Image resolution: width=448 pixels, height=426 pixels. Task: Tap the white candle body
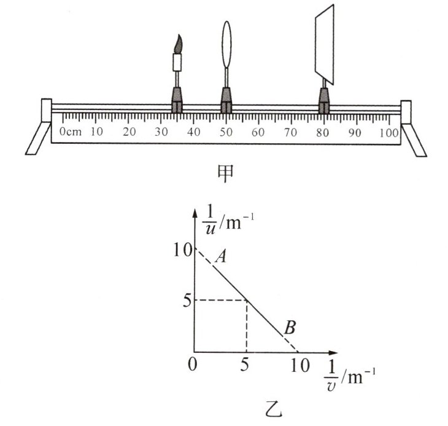[x=177, y=62]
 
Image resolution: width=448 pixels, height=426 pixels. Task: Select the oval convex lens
[x=226, y=44]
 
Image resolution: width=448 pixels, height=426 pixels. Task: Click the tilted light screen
[x=324, y=44]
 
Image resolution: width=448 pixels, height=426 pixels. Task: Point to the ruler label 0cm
[x=71, y=132]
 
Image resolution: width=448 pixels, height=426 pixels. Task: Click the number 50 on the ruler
[x=226, y=132]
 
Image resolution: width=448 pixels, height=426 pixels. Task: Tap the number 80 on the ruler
[x=323, y=132]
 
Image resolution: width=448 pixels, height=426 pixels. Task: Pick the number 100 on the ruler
[x=389, y=133]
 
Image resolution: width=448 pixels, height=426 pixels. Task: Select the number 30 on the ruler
[x=161, y=132]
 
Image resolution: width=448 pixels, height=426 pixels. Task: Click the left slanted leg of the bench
[x=38, y=138]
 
